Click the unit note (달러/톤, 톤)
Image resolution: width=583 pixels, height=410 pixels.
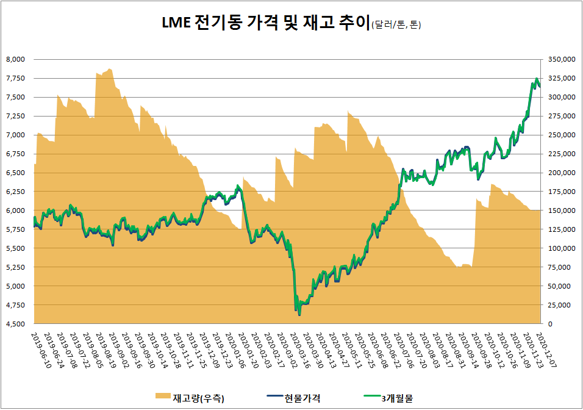click(x=396, y=26)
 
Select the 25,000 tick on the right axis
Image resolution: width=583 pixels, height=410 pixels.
click(x=560, y=305)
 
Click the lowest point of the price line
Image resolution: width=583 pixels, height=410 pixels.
click(x=299, y=315)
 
